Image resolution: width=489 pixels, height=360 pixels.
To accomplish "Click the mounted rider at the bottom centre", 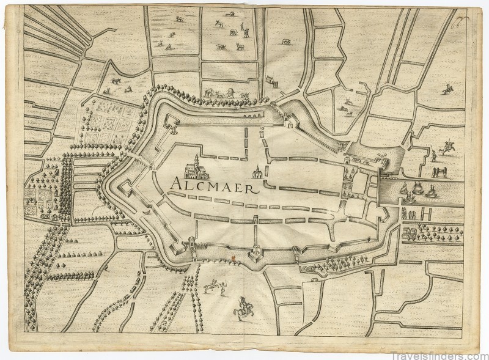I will [242, 309].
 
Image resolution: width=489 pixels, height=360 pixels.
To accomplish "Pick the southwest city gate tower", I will [191, 242].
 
